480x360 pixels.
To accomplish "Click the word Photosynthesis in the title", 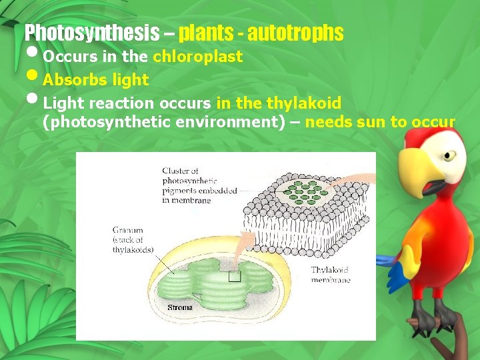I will (x=91, y=32).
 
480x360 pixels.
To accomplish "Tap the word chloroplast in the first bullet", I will (x=197, y=57).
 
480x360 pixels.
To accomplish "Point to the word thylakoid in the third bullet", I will (x=303, y=103).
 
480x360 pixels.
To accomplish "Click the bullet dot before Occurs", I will (x=33, y=55).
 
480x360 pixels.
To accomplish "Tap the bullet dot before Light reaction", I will (x=33, y=102).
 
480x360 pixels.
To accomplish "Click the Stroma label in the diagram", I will (x=180, y=308).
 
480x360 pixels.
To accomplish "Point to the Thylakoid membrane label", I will (x=331, y=275).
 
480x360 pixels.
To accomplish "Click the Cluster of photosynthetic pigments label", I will (x=199, y=186).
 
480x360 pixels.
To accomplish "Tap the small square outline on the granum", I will (x=235, y=277).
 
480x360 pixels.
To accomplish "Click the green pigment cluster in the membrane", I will (x=307, y=190).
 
